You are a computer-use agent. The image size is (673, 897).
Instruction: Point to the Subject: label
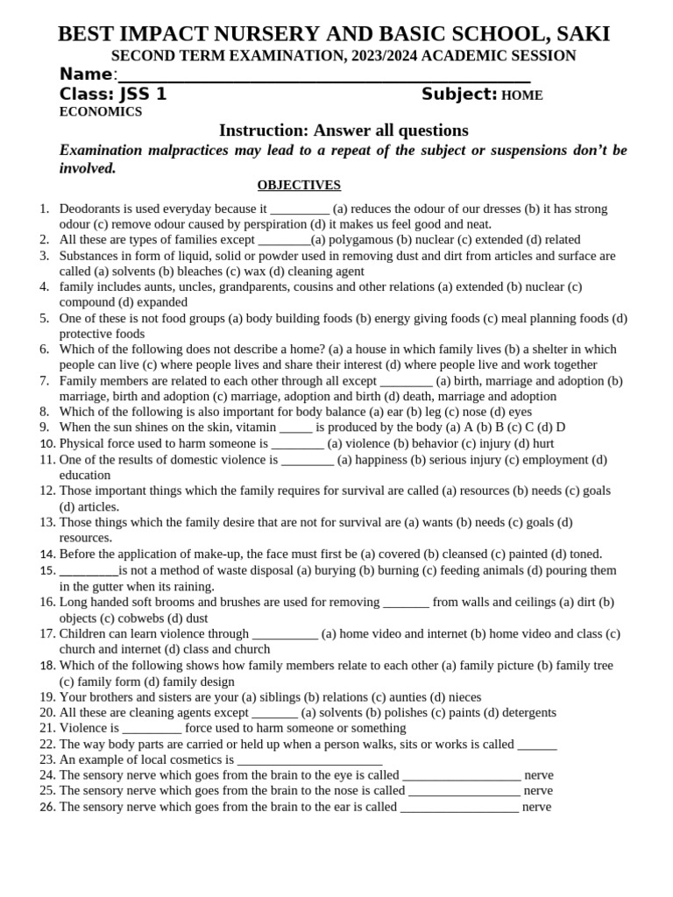click(x=459, y=95)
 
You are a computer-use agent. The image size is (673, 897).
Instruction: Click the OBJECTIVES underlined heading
click(x=299, y=185)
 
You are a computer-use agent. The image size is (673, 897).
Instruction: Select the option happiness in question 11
click(x=383, y=459)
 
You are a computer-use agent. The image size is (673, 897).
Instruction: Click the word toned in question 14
click(x=584, y=554)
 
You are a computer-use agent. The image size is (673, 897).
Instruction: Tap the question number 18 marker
click(x=47, y=666)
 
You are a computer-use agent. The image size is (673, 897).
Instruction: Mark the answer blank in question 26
click(x=459, y=808)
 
